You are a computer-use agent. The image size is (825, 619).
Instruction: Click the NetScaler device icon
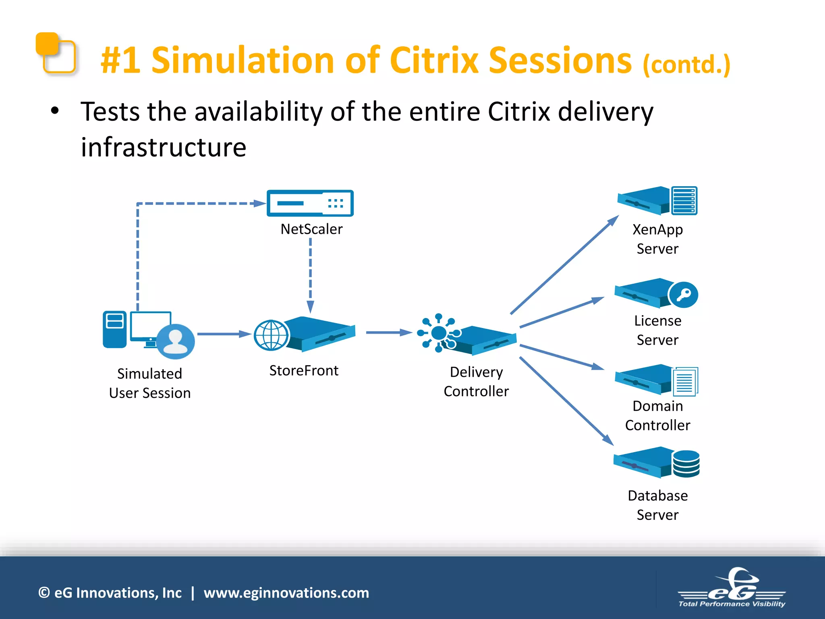310,203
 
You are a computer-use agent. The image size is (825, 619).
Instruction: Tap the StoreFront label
304,370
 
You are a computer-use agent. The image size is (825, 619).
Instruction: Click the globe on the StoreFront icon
271,335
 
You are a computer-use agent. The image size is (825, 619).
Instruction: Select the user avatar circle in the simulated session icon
175,341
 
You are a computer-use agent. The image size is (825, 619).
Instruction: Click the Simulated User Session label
149,383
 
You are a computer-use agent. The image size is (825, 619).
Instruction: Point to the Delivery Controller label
476,381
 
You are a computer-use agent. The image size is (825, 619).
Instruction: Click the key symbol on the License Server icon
684,295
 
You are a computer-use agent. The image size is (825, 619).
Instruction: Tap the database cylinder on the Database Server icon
686,463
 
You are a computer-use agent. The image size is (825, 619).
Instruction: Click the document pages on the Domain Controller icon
685,381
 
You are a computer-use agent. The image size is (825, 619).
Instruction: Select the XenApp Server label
657,239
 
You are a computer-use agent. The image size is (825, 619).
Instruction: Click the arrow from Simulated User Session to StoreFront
224,334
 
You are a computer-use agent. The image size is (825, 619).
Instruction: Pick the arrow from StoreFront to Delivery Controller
388,332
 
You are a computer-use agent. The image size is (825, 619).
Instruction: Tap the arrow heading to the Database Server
566,401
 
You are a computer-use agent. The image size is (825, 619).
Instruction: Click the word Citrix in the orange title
434,60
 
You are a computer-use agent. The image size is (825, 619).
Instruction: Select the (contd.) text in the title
686,64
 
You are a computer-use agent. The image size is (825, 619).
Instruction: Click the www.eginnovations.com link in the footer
286,593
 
